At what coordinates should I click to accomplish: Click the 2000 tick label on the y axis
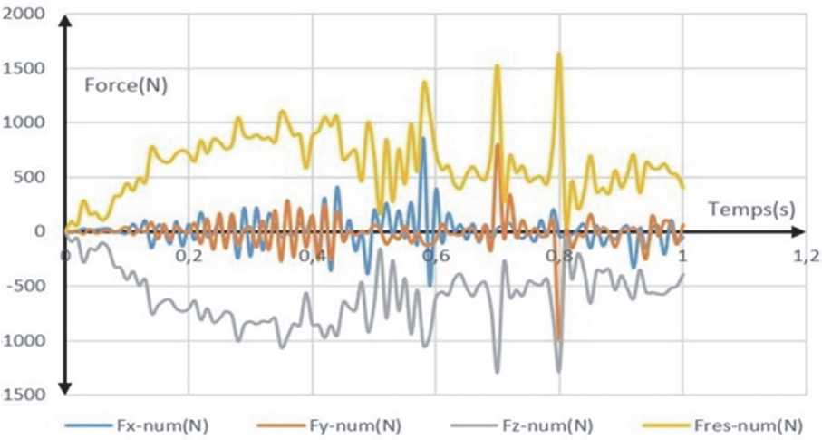tap(24, 14)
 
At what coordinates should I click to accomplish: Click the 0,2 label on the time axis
tap(189, 258)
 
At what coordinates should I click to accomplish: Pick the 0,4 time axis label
tap(313, 258)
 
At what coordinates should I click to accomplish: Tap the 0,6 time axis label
tap(436, 258)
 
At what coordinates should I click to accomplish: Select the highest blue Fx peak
tap(422, 138)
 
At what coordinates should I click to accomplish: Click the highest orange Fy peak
tap(498, 145)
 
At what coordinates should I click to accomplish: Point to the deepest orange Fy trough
tap(558, 338)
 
